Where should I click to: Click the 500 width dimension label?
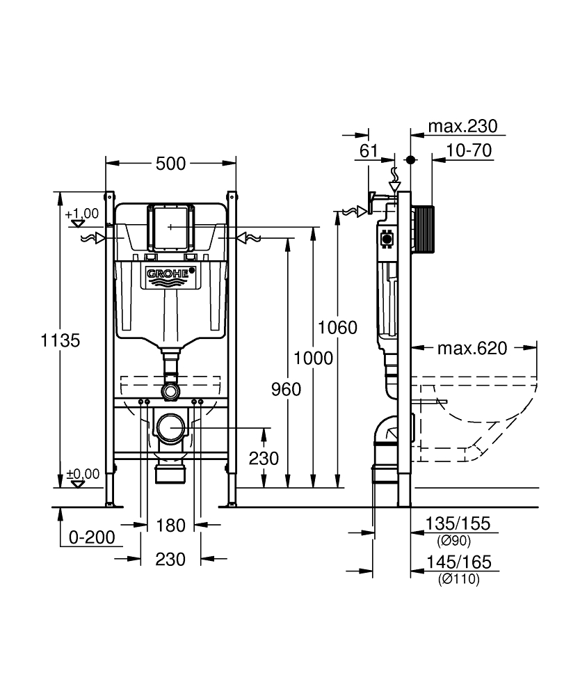(170, 164)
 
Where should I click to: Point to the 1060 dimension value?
(337, 328)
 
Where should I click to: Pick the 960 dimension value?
(287, 389)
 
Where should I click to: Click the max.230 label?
(462, 126)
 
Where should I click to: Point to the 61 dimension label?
(369, 150)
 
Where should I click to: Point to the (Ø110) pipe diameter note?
(458, 578)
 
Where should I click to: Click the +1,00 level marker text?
(82, 213)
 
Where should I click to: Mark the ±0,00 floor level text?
(83, 473)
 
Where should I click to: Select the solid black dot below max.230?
(411, 159)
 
